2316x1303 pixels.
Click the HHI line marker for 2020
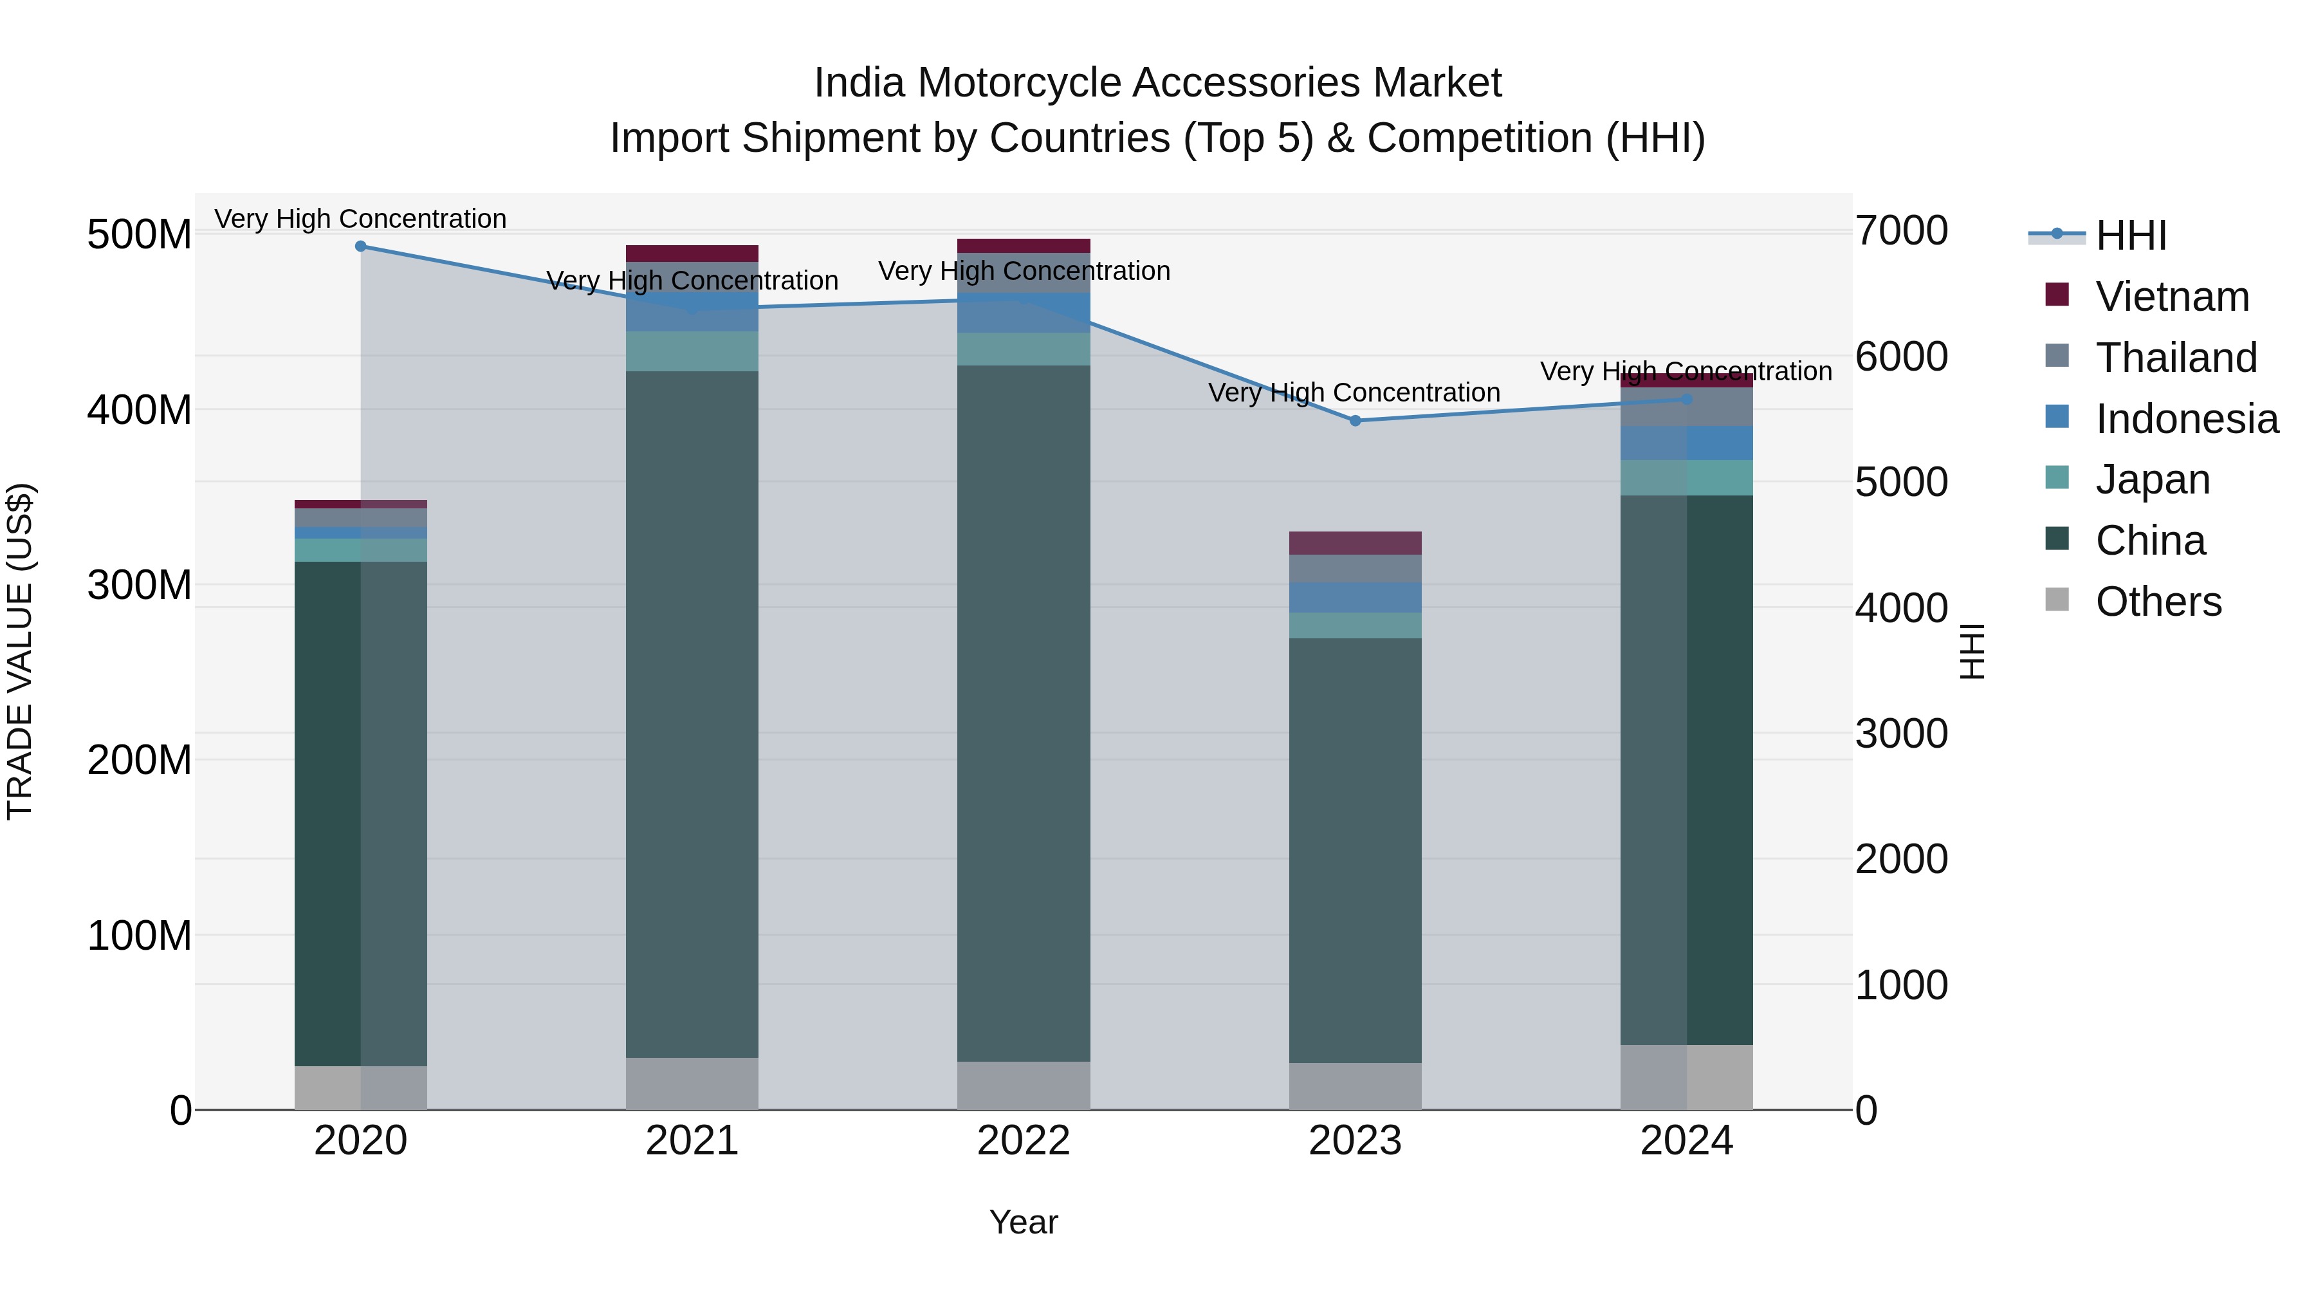pos(360,246)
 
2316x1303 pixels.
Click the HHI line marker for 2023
pos(1355,420)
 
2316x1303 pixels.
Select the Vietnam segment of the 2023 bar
pos(1355,542)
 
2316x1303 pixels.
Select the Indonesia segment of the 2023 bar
pos(1355,597)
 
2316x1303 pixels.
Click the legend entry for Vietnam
pos(2171,297)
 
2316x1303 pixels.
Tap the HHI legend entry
pos(2130,236)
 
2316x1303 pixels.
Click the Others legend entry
pos(2157,602)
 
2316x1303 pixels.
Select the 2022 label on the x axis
pos(1023,1141)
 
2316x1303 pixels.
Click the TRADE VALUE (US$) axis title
pos(20,651)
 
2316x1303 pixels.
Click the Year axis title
pos(1023,1222)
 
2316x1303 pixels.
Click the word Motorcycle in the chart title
pos(1022,83)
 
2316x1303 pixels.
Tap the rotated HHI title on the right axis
pos(1972,651)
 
